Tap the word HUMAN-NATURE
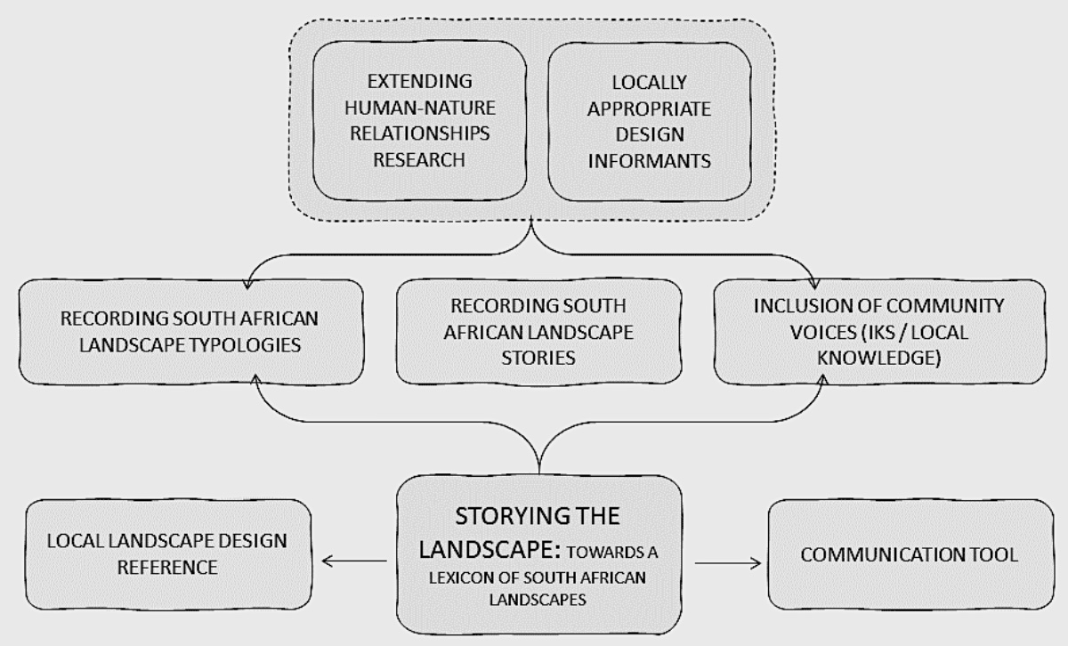422,109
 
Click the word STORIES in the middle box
538,359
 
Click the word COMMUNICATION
867,555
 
